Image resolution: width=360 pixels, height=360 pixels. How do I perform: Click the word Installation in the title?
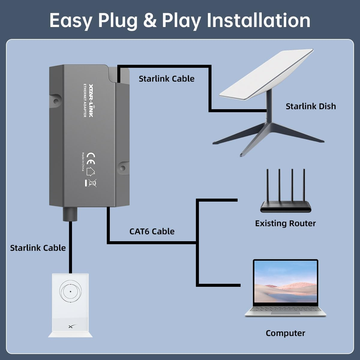[258, 20]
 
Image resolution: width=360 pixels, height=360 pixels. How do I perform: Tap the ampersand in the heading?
[150, 20]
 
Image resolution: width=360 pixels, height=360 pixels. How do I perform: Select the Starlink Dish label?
[310, 106]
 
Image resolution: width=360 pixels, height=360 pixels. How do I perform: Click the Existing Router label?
[285, 223]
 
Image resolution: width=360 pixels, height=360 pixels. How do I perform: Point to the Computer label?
[285, 333]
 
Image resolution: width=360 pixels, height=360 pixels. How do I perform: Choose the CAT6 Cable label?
[152, 231]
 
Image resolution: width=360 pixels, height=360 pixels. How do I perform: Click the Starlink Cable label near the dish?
[166, 79]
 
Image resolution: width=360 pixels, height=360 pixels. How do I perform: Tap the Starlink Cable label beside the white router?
[38, 248]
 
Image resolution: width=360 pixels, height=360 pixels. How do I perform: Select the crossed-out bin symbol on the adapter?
[93, 183]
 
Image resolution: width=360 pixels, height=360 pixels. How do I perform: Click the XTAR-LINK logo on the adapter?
[90, 102]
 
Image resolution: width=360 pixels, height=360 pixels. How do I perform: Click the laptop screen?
[285, 282]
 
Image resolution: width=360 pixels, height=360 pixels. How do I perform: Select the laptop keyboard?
[285, 309]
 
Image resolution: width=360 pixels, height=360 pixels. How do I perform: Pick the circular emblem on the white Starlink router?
[70, 291]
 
